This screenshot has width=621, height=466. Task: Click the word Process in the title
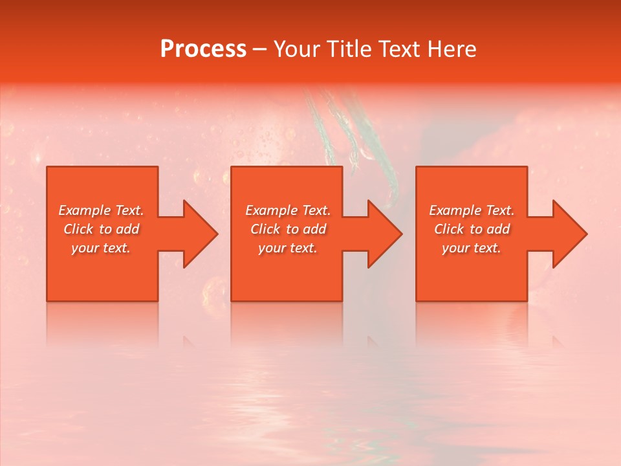(x=203, y=49)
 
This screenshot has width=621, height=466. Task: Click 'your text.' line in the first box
(x=101, y=248)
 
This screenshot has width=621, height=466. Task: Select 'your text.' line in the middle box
(x=287, y=248)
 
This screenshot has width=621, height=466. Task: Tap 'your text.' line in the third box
(x=472, y=248)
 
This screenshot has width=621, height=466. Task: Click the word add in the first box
(x=127, y=229)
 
